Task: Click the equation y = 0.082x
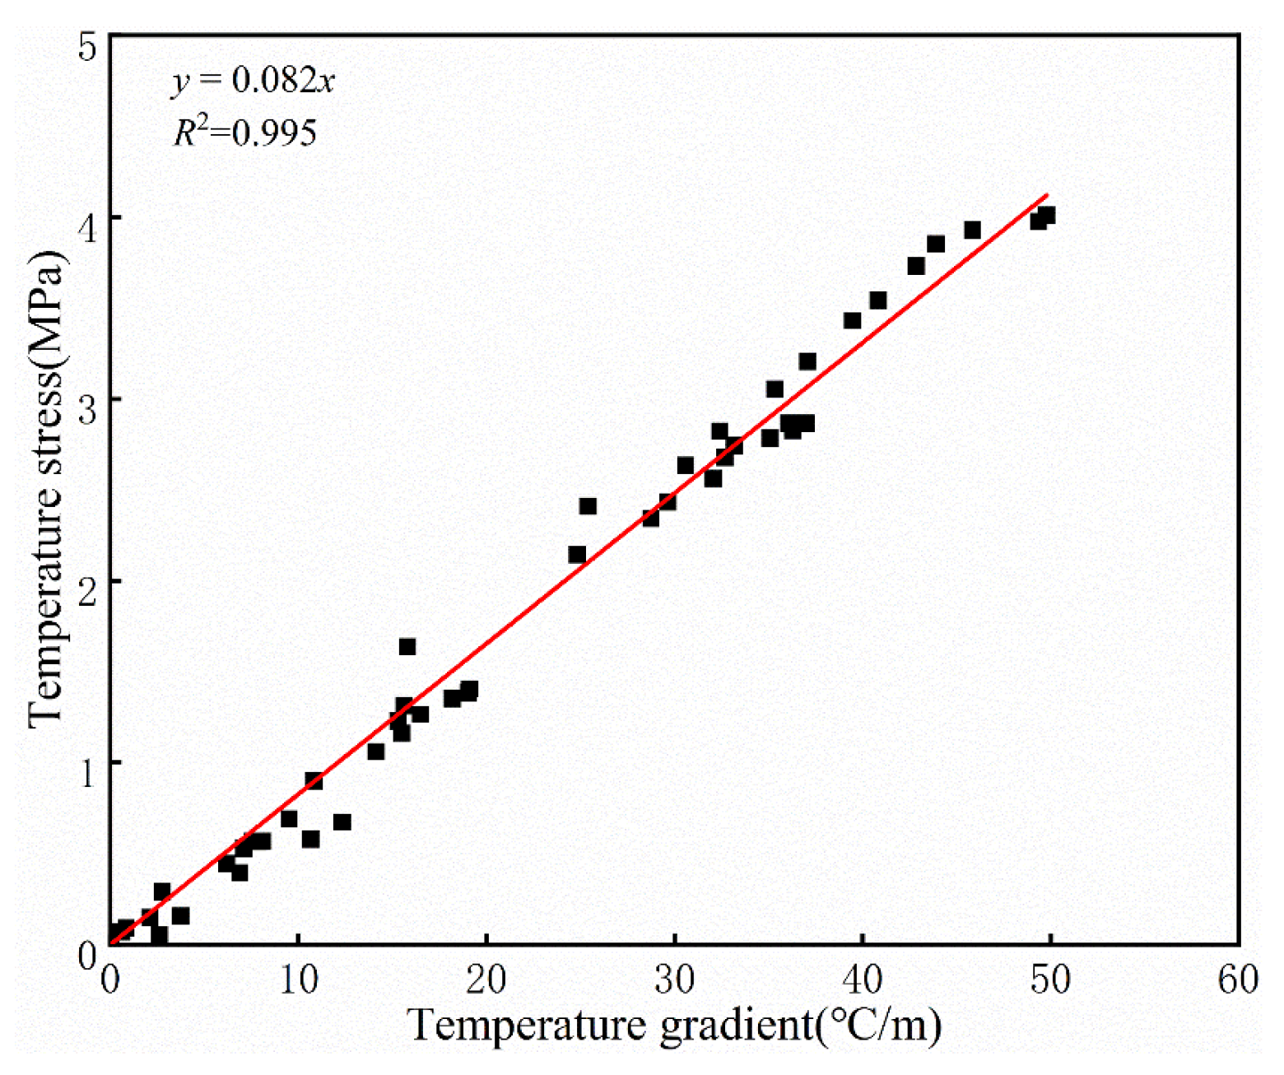tap(253, 81)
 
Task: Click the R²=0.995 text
tap(244, 133)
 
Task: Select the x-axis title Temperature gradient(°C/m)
tap(674, 1026)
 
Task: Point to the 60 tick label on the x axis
tap(1239, 980)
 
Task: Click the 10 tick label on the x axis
tap(299, 980)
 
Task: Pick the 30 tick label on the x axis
tap(675, 980)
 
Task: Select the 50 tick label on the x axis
tap(1051, 980)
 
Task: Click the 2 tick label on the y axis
tap(87, 581)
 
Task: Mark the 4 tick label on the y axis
tap(87, 218)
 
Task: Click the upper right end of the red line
tap(1047, 195)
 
